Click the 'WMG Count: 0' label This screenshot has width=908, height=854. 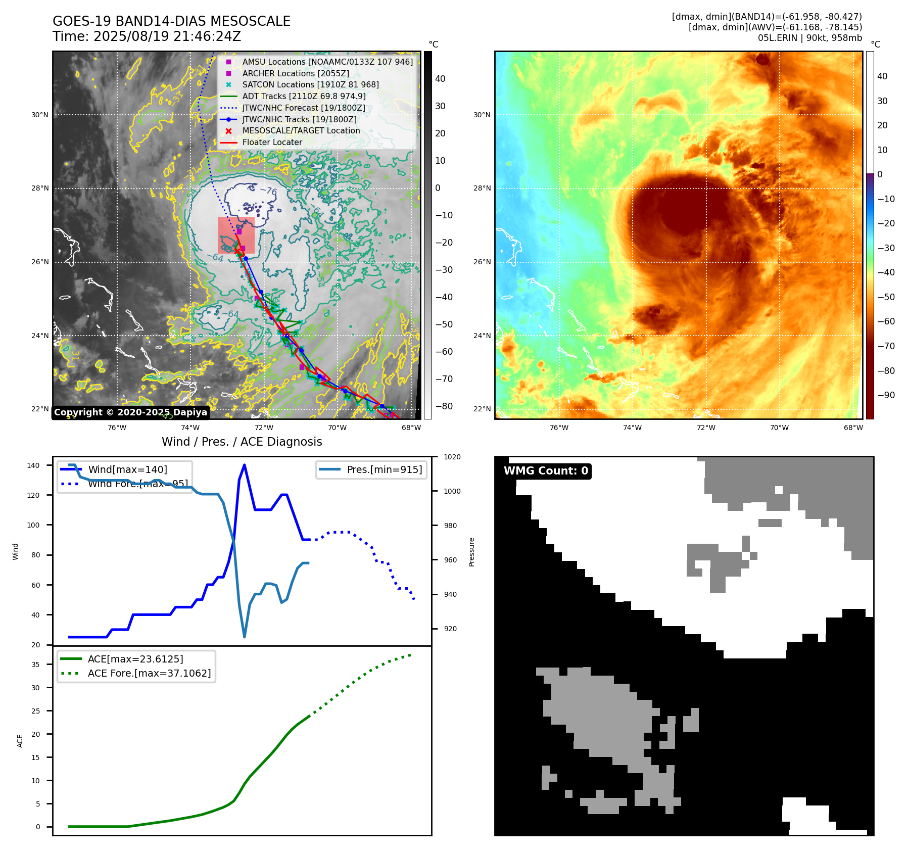(546, 471)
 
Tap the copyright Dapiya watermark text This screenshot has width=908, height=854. (130, 412)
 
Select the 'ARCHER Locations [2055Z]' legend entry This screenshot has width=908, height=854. (296, 73)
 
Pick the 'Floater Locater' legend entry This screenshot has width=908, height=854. (272, 143)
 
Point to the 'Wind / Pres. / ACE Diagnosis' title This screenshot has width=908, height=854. (242, 442)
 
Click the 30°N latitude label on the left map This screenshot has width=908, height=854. (40, 115)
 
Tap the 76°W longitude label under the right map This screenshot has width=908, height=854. (558, 428)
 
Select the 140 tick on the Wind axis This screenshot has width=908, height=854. (33, 465)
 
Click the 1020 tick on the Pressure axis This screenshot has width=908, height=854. (452, 457)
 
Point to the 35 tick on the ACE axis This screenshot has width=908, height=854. (35, 665)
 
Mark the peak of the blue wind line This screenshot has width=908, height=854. (245, 465)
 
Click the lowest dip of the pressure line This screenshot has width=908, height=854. (245, 637)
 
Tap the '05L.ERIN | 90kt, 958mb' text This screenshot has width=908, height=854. (809, 38)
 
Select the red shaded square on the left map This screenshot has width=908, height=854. (236, 235)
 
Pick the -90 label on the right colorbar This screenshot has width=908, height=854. (886, 395)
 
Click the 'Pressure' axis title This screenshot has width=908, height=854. (471, 552)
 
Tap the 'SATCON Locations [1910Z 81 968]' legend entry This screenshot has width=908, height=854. (310, 85)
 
